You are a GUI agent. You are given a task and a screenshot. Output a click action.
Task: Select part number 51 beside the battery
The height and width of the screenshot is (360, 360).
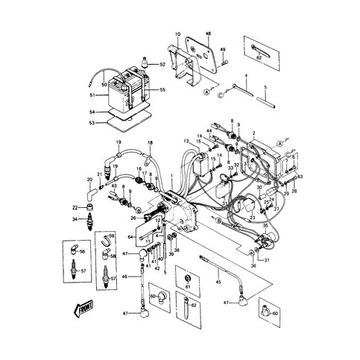(x=91, y=95)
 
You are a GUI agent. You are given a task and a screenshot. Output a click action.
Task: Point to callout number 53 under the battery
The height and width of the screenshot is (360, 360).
(x=92, y=122)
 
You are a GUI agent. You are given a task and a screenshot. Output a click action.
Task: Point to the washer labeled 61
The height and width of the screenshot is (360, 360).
(x=188, y=285)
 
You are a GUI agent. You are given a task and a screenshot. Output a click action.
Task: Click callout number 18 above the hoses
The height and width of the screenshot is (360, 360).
(x=150, y=142)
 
